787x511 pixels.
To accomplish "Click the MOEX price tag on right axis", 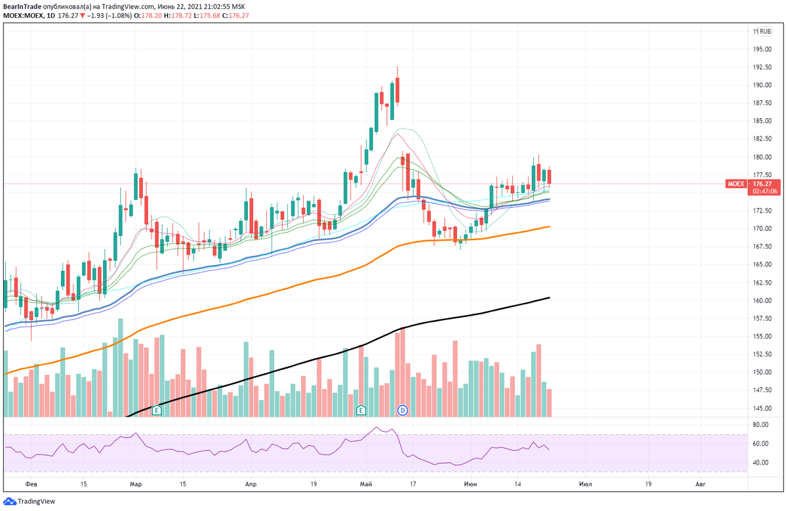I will point(736,184).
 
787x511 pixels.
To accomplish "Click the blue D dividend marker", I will point(403,410).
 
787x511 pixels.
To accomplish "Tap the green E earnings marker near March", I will point(157,410).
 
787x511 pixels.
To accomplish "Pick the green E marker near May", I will point(361,410).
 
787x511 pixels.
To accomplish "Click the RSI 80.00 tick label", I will point(761,425).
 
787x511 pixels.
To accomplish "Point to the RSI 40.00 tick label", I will point(761,462).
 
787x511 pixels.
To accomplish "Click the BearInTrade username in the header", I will point(22,7).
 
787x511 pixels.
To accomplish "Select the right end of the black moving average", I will point(548,298).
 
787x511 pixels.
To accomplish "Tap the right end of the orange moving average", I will point(548,226).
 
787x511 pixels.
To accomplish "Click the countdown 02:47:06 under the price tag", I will point(765,192).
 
